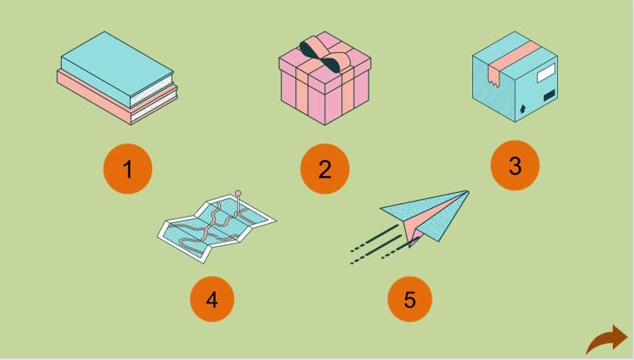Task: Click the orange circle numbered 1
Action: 127,169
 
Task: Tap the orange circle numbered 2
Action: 325,169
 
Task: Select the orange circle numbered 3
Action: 515,165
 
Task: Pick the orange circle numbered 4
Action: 212,299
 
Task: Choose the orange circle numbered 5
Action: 409,299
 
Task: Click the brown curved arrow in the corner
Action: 607,340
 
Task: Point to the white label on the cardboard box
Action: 546,73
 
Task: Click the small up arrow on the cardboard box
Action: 523,109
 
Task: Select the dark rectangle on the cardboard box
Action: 549,96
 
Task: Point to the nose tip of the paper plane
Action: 468,192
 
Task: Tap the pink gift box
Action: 325,78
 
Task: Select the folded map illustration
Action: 217,227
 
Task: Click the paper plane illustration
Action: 409,226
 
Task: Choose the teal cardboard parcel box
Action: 515,76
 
